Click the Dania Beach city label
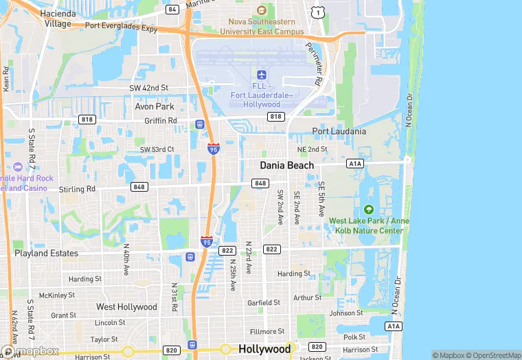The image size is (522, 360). pos(286,165)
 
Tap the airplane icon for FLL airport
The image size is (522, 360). pos(261,74)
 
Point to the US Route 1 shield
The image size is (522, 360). pos(317,12)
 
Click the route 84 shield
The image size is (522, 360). pos(172,10)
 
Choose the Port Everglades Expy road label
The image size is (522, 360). pos(122,25)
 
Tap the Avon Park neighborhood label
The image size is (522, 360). pos(155,106)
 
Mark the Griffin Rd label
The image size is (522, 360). pos(161,120)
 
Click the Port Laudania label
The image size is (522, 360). pos(339,131)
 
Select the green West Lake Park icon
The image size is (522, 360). pos(369,210)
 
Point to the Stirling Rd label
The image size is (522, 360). pos(77,189)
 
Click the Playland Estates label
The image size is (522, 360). pos(47,253)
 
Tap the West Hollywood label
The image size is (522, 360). pos(126,306)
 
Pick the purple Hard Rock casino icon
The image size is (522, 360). pos(17,166)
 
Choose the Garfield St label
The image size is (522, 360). pos(264,302)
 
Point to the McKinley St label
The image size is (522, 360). pos(56,295)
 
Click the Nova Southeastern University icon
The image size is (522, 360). pos(261,10)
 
